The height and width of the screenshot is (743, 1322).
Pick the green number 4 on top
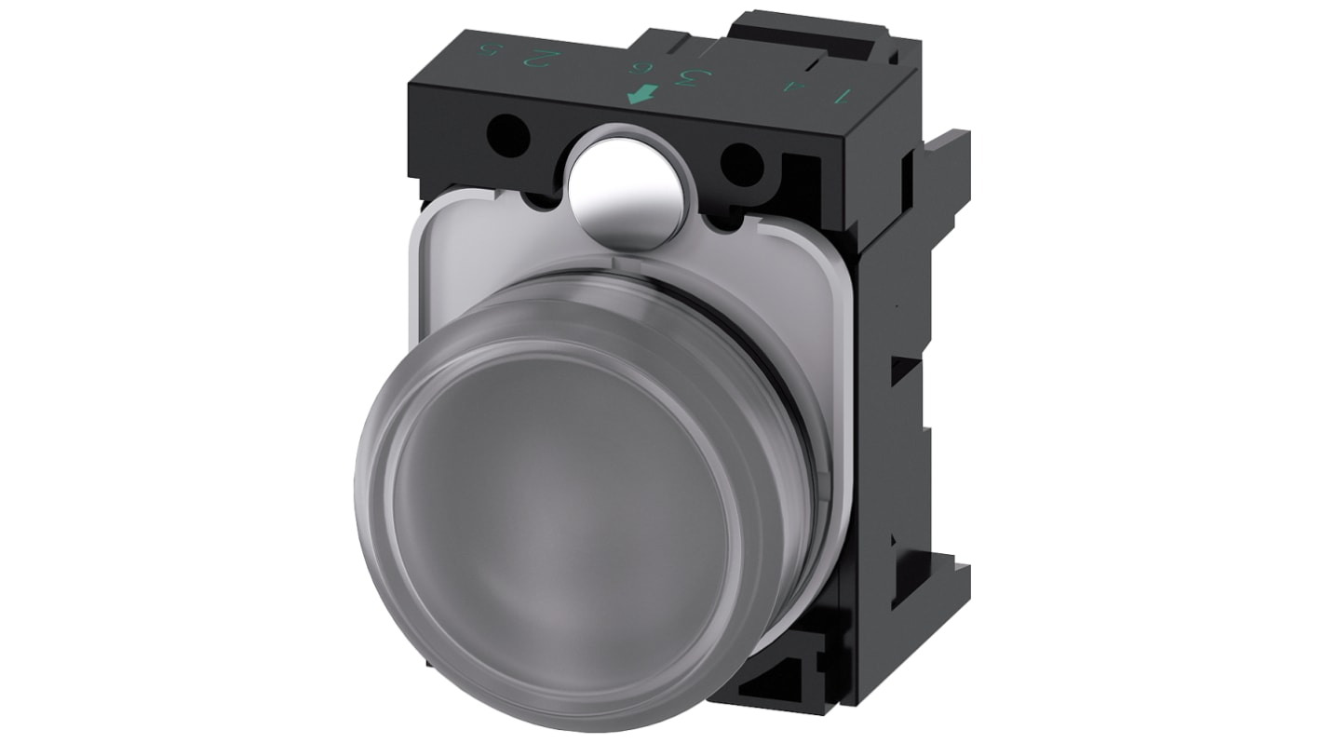(x=792, y=86)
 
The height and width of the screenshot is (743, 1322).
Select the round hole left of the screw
(x=508, y=136)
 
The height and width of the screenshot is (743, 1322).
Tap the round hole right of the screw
(x=742, y=164)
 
